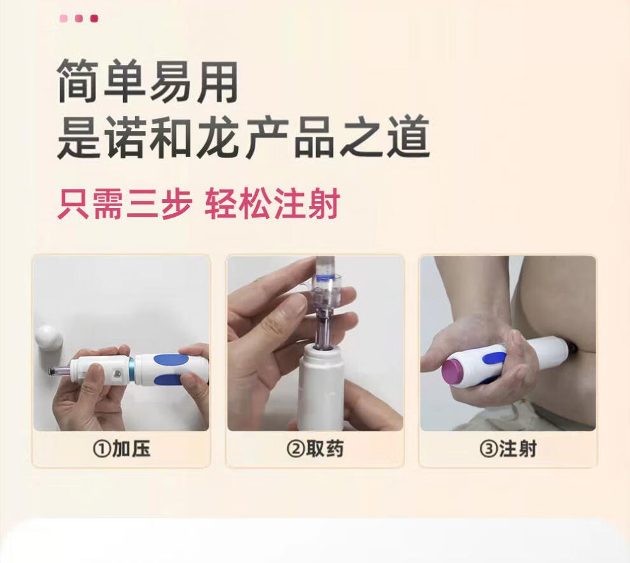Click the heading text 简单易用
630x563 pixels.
[x=148, y=81]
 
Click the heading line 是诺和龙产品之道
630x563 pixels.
[x=243, y=137]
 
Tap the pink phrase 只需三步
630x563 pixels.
[x=125, y=204]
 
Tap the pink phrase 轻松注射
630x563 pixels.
[x=272, y=204]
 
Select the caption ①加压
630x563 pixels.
[x=121, y=449]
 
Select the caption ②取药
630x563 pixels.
[x=315, y=449]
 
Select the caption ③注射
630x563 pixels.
[x=508, y=449]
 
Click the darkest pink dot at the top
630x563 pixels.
[x=94, y=18]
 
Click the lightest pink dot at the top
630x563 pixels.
[x=63, y=18]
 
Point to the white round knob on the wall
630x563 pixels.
[x=49, y=338]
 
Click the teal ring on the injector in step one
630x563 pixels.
[x=132, y=369]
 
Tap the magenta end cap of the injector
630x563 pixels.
[x=454, y=373]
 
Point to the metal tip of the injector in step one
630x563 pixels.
[x=53, y=371]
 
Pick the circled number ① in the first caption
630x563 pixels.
[x=101, y=449]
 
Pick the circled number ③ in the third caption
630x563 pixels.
[x=487, y=449]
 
